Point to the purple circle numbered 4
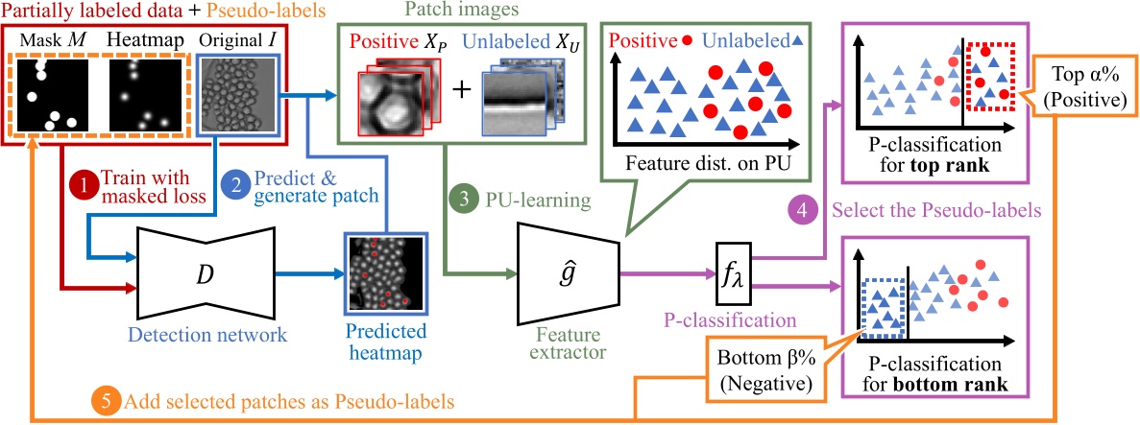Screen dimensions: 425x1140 pos(800,207)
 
